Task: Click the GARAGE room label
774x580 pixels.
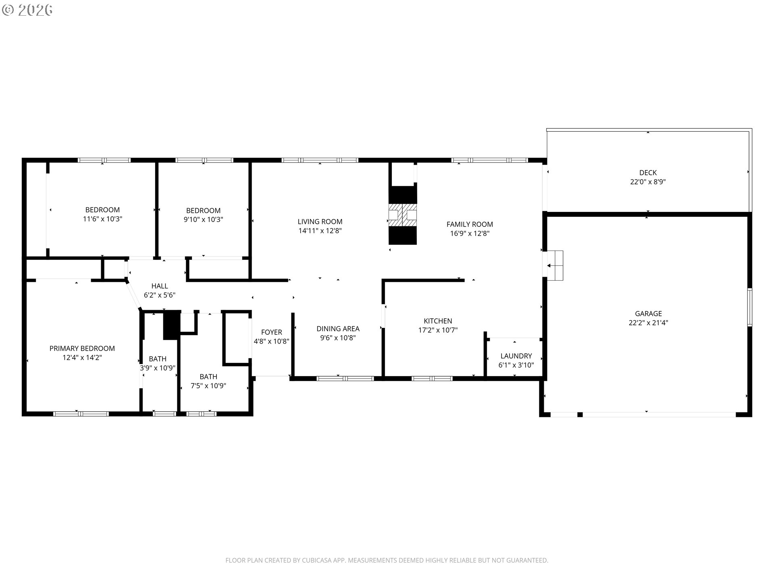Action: pyautogui.click(x=648, y=313)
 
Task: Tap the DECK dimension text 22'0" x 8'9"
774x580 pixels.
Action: pyautogui.click(x=648, y=182)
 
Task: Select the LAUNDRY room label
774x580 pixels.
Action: pyautogui.click(x=516, y=356)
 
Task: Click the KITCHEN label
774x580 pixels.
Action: pyautogui.click(x=438, y=321)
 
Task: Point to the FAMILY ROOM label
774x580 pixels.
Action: pyautogui.click(x=470, y=224)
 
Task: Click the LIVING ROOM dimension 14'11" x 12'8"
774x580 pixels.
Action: pyautogui.click(x=320, y=231)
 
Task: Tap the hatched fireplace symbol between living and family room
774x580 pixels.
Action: pyautogui.click(x=402, y=215)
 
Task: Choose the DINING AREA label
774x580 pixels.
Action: pyautogui.click(x=338, y=329)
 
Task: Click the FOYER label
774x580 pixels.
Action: pyautogui.click(x=271, y=332)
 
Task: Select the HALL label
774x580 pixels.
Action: pyautogui.click(x=160, y=286)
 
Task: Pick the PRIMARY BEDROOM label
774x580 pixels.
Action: pyautogui.click(x=82, y=348)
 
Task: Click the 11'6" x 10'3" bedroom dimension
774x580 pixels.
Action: pyautogui.click(x=102, y=219)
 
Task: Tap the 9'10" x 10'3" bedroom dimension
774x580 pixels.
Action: pyautogui.click(x=203, y=220)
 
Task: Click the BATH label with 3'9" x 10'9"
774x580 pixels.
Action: pyautogui.click(x=158, y=359)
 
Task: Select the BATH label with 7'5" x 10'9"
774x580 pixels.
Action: pyautogui.click(x=208, y=377)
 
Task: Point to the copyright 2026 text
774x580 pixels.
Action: pyautogui.click(x=27, y=10)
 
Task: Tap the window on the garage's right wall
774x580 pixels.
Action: pyautogui.click(x=750, y=307)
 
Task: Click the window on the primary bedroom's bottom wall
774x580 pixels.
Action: pyautogui.click(x=81, y=414)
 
